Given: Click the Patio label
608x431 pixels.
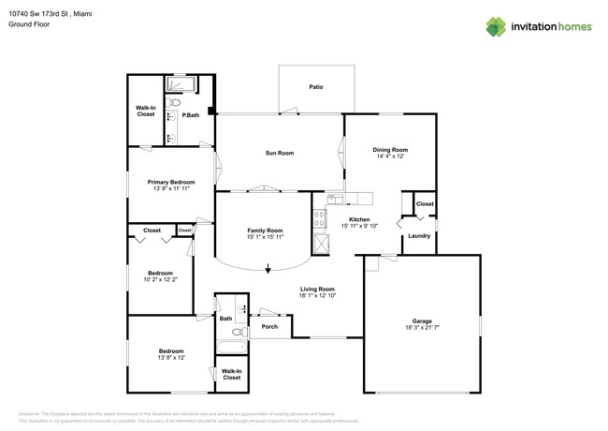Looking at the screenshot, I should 316,87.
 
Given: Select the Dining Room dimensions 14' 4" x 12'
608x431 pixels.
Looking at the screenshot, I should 390,156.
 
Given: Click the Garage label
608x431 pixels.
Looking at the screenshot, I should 422,320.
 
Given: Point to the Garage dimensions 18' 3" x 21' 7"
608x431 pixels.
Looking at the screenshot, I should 422,329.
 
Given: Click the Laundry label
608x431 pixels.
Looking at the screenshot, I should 419,235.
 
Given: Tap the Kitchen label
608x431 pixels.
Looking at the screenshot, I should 359,218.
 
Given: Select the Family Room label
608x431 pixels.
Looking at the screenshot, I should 265,230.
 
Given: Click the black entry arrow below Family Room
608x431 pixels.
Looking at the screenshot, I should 268,269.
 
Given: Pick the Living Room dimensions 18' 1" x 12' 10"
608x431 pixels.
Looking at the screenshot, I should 317,296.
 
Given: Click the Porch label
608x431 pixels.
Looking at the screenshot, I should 269,326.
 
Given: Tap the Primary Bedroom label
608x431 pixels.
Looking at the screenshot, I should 171,182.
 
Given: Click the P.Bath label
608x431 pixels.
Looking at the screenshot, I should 190,115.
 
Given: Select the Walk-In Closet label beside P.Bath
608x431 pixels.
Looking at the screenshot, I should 146,111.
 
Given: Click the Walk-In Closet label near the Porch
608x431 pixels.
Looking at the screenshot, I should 231,374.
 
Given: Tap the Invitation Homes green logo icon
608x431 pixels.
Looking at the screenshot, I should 497,26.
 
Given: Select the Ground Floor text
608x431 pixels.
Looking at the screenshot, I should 29,24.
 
